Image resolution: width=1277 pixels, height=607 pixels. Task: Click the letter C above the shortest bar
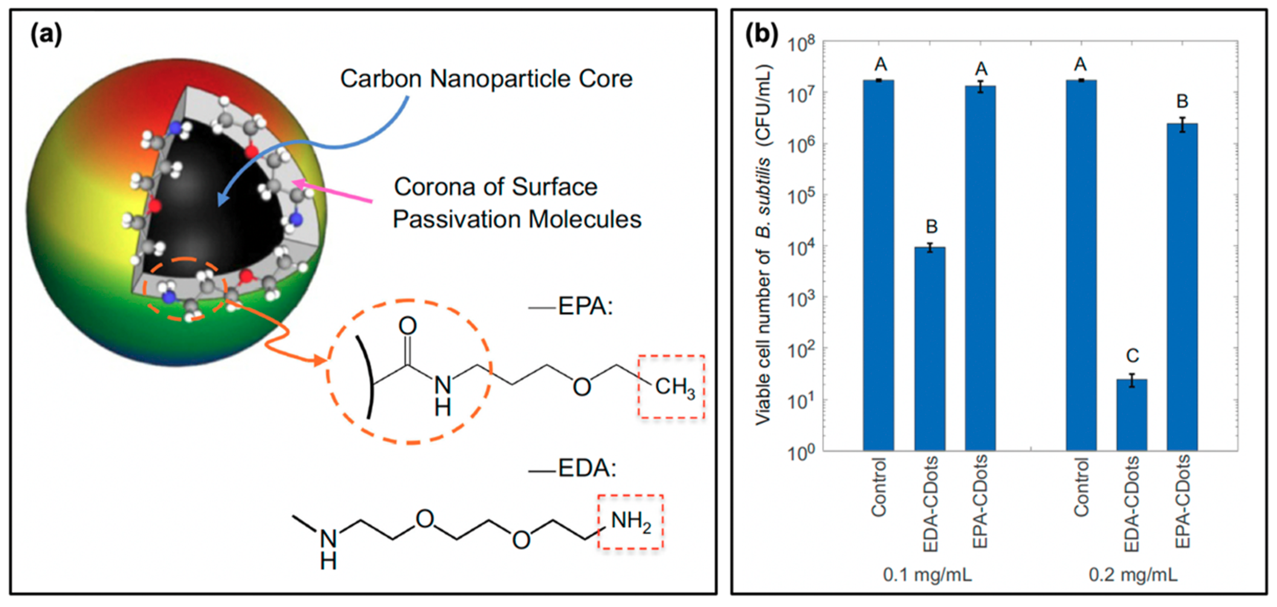click(x=1132, y=356)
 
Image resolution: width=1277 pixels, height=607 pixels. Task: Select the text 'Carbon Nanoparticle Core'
click(x=486, y=79)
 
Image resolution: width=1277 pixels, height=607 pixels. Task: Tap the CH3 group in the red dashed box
click(x=674, y=387)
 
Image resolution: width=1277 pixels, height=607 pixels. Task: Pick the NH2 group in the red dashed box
click(x=630, y=522)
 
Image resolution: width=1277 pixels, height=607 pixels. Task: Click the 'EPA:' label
click(x=585, y=306)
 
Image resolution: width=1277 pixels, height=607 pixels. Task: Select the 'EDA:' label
click(x=587, y=468)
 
